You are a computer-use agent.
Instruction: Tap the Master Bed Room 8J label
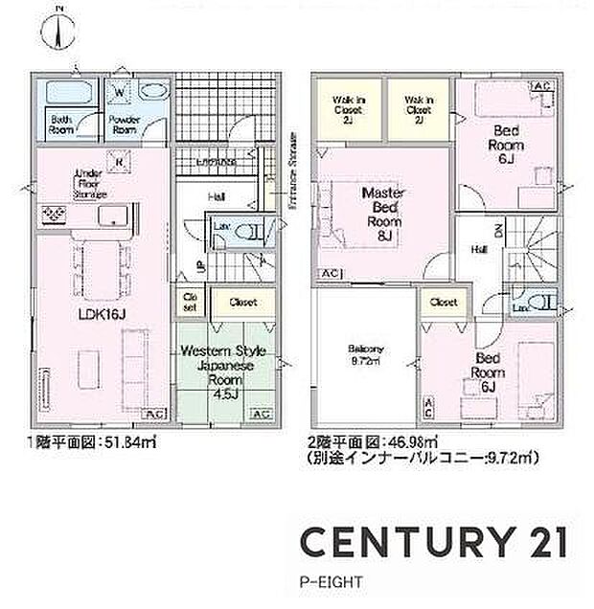pyautogui.click(x=383, y=213)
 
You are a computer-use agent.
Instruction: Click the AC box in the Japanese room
pyautogui.click(x=260, y=414)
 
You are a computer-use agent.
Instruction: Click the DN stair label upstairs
pyautogui.click(x=497, y=231)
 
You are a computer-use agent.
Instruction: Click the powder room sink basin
pyautogui.click(x=152, y=94)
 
